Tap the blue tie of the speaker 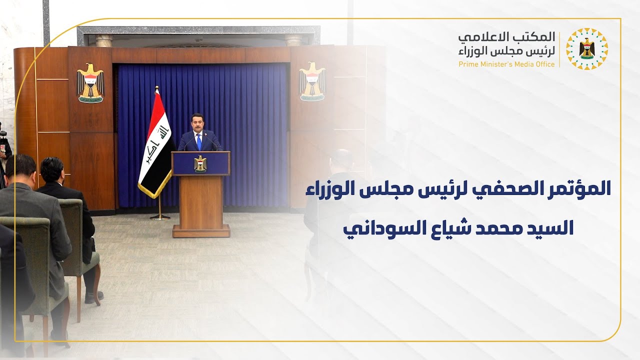tap(199, 142)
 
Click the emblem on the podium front tap(200, 163)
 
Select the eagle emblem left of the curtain tap(90, 82)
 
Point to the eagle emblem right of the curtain tap(312, 81)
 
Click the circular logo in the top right tap(587, 49)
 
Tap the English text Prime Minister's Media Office tap(506, 64)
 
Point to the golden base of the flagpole tap(160, 216)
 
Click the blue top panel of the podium tap(200, 163)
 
